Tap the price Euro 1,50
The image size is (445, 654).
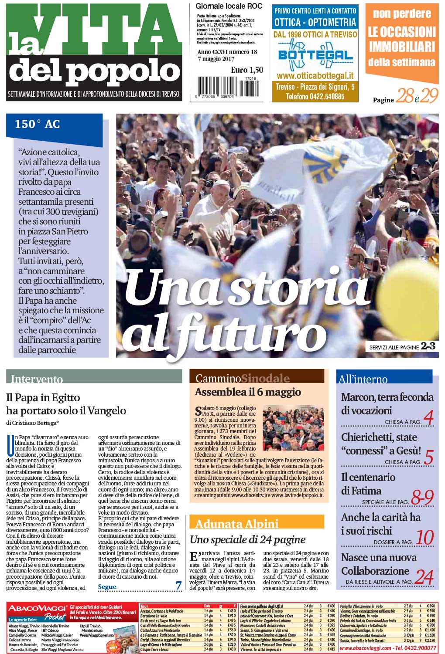click(246, 70)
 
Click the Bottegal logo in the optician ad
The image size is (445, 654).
click(315, 55)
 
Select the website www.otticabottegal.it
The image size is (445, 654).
click(315, 76)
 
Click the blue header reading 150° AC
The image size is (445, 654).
click(38, 124)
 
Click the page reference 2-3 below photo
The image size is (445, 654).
click(428, 346)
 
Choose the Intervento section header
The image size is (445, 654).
click(37, 379)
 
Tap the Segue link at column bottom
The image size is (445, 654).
click(107, 586)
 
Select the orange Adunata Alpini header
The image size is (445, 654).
click(237, 523)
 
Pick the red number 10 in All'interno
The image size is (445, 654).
click(424, 538)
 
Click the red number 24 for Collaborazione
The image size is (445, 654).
click(424, 577)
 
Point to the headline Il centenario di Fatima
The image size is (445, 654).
click(368, 484)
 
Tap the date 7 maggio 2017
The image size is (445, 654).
click(216, 59)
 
